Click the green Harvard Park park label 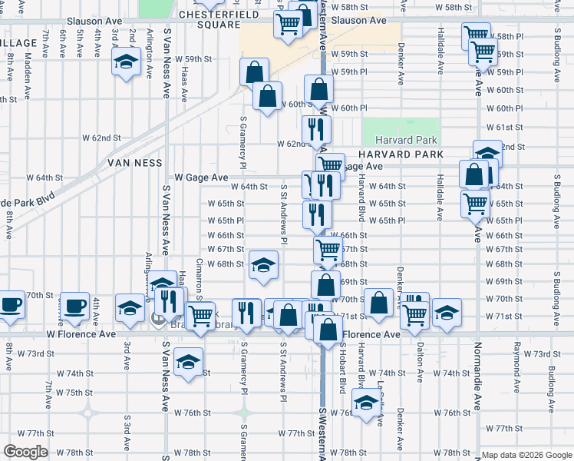[406, 140]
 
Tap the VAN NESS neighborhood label [134, 163]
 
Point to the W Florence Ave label [81, 335]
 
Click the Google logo [25, 452]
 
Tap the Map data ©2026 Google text [526, 455]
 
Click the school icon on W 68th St [262, 265]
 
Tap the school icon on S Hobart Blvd [367, 401]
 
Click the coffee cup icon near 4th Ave [74, 305]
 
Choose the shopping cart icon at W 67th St [328, 249]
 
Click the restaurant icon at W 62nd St [315, 128]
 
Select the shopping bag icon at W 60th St [267, 97]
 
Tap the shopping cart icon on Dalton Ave [414, 312]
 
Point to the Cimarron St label [200, 277]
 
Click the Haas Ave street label [184, 83]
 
